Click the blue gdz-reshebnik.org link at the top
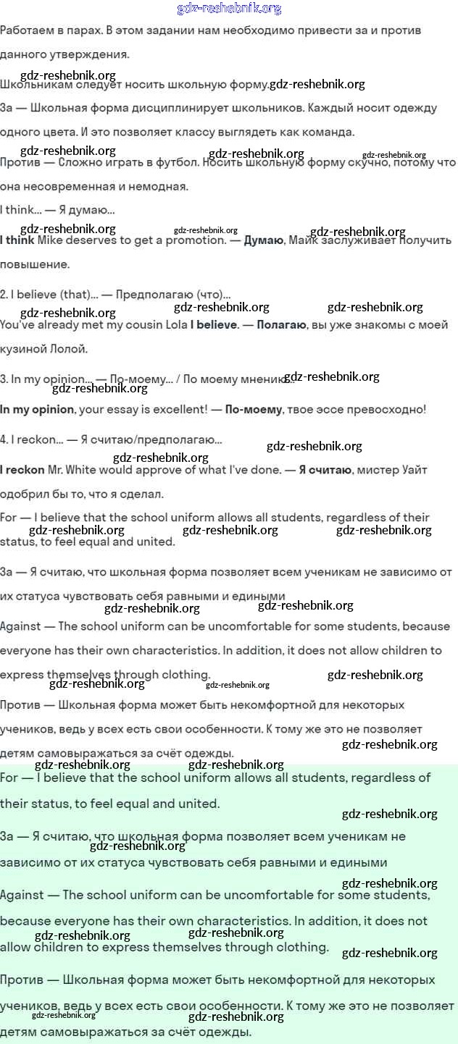tap(229, 9)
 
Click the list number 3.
tap(4, 378)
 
